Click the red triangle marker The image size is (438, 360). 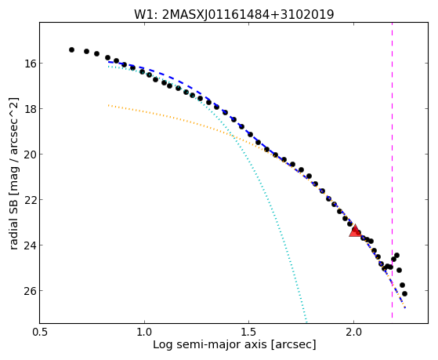click(355, 231)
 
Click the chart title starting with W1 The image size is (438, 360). click(233, 15)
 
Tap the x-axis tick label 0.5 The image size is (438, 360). click(40, 333)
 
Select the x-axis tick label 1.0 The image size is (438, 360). click(144, 333)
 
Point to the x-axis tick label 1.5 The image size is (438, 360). click(249, 333)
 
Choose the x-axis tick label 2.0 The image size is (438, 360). click(353, 333)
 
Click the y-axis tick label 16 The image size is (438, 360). click(30, 64)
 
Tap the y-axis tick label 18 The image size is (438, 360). click(30, 109)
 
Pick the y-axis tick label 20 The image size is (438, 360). click(30, 155)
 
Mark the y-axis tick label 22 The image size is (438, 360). click(30, 200)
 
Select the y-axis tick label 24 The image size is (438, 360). click(30, 245)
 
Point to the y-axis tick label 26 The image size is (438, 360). click(30, 291)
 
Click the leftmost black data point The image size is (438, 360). click(71, 49)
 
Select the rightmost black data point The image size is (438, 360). click(404, 293)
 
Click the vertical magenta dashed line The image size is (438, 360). click(393, 170)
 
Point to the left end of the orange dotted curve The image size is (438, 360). click(108, 105)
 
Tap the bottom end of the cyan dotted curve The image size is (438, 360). click(306, 322)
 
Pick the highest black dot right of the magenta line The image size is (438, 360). click(396, 255)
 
